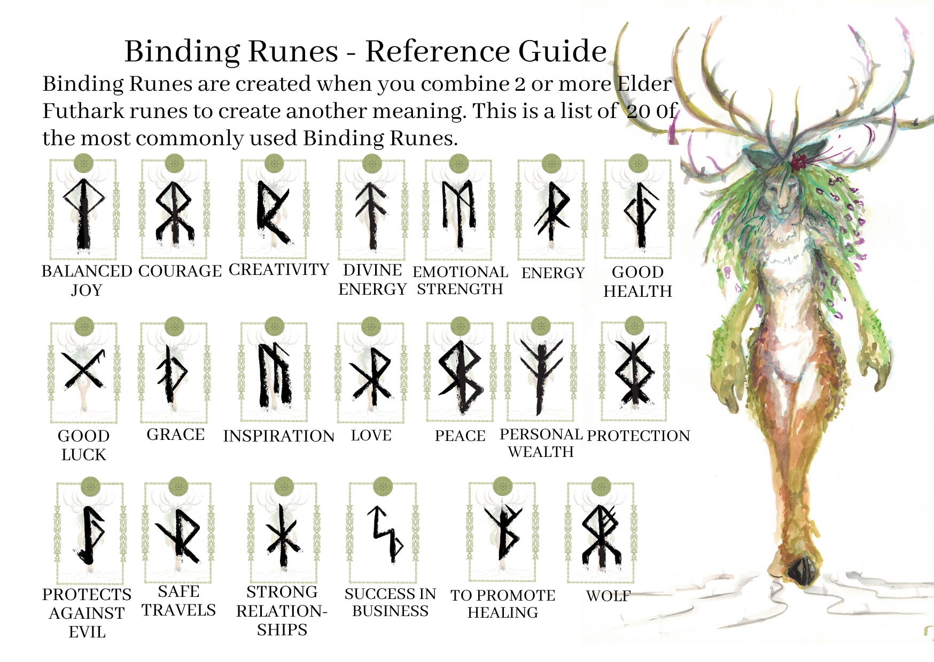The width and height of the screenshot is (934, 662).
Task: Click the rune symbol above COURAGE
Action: (174, 212)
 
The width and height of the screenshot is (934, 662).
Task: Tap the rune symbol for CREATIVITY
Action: (273, 212)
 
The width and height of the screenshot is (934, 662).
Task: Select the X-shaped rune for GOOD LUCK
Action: (84, 369)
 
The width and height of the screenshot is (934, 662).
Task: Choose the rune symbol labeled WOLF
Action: (601, 535)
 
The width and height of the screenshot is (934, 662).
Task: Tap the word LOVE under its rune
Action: (371, 436)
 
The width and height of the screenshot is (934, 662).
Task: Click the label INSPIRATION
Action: (278, 436)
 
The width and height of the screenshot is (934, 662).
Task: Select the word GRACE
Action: (176, 435)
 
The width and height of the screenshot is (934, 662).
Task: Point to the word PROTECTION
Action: (639, 436)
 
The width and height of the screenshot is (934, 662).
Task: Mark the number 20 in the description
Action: (639, 111)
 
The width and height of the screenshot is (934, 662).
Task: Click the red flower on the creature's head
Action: (799, 161)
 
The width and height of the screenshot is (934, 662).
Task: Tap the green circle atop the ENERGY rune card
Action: (551, 163)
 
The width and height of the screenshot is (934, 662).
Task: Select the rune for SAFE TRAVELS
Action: (178, 535)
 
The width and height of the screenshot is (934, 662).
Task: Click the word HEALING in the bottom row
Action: (503, 612)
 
